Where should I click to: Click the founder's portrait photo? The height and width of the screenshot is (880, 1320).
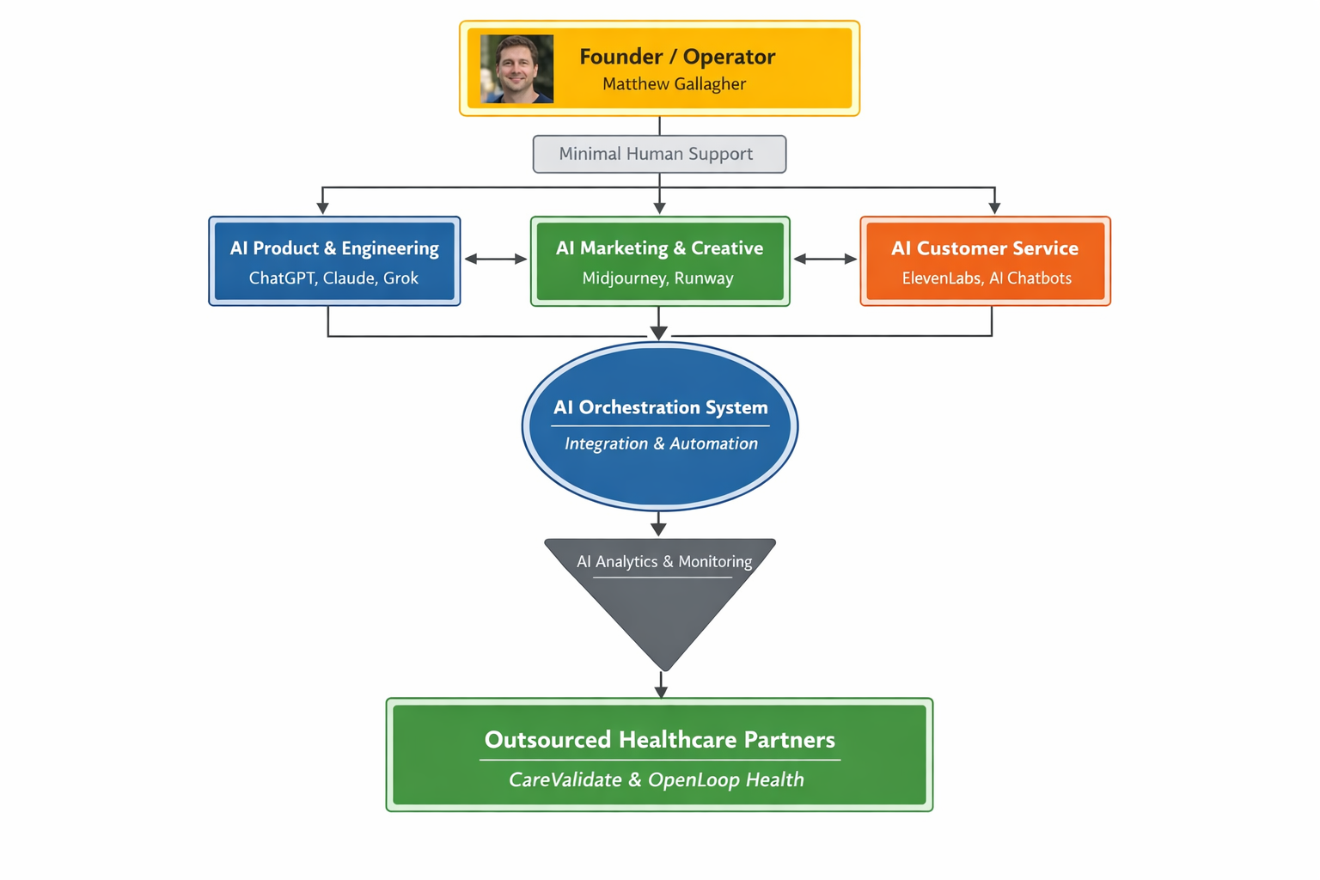point(516,69)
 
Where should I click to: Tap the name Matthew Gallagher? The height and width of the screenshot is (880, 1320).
point(674,84)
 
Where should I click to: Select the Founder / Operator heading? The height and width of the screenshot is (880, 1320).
point(677,57)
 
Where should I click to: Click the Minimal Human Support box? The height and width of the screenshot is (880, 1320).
point(659,154)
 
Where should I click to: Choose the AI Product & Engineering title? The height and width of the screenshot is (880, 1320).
point(334,248)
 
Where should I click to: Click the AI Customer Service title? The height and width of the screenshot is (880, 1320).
point(985,248)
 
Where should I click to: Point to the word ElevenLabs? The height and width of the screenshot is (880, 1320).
point(941,278)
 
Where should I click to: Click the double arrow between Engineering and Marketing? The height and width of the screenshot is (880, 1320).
point(496,259)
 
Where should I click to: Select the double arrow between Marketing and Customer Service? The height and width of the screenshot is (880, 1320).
point(825,259)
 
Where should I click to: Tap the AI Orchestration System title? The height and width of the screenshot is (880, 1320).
point(660,407)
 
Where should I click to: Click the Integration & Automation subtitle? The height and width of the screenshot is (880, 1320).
point(661,443)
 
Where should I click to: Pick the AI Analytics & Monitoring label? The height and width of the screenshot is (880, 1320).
point(663,562)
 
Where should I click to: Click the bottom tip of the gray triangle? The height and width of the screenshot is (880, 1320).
point(664,668)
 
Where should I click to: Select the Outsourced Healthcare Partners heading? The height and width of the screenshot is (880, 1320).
point(659,740)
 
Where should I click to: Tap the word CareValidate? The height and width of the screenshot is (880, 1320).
point(565,780)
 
